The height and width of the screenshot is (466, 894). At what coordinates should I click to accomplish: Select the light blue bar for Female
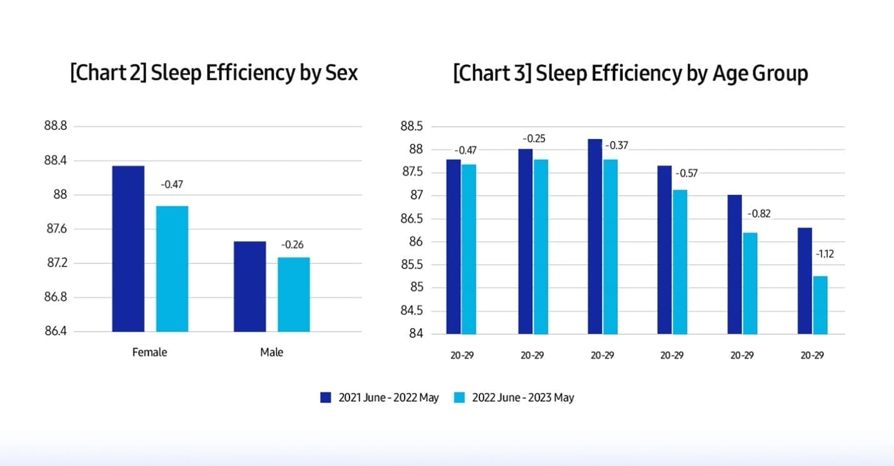coord(172,269)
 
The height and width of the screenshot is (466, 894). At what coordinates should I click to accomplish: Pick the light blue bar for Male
coord(294,294)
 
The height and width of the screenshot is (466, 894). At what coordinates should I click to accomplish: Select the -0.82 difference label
coord(759,214)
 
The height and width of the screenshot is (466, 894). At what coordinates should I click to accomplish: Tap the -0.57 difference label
coord(686,173)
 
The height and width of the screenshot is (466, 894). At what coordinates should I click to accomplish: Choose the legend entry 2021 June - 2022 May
coord(379,397)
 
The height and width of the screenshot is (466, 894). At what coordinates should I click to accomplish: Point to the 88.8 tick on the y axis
coord(56,126)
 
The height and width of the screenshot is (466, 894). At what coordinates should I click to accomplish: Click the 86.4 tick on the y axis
coord(56,331)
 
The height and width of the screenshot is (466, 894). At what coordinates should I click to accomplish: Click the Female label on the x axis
coord(150,352)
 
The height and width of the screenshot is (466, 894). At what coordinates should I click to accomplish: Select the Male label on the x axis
coord(271,352)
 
